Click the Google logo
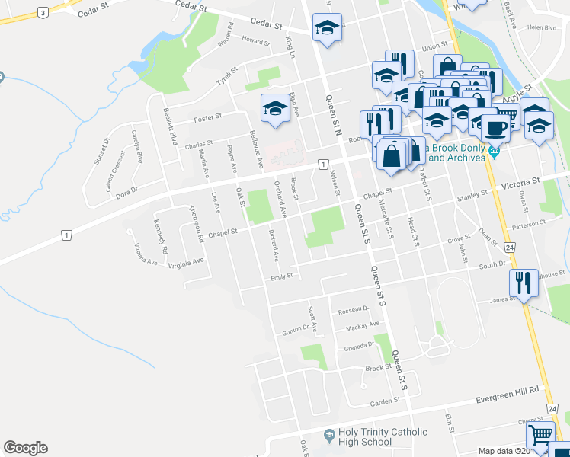(25, 448)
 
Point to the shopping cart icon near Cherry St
(540, 436)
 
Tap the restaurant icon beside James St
(523, 283)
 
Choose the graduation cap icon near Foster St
(275, 108)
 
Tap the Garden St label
(385, 401)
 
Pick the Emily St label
(281, 277)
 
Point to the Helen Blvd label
(541, 27)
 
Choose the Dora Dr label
(127, 190)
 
